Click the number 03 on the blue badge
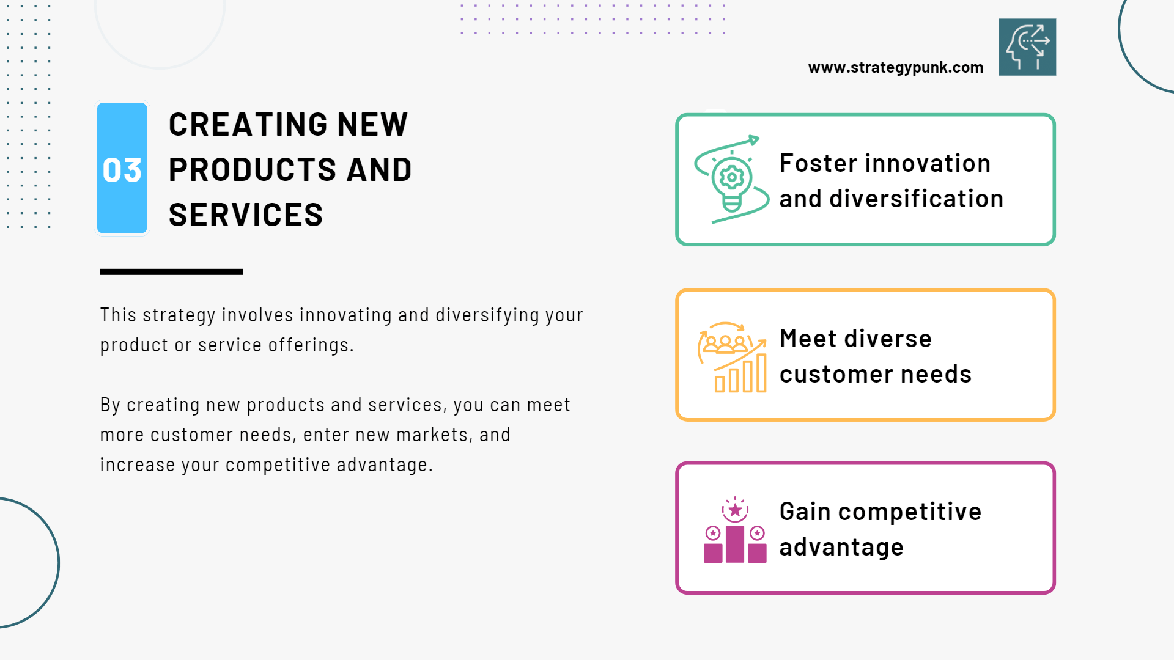(122, 170)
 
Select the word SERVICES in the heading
(246, 215)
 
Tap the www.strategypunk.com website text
(896, 68)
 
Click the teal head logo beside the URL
(1027, 47)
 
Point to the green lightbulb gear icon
(731, 180)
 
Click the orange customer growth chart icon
(733, 357)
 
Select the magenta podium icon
(735, 530)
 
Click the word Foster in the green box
(819, 163)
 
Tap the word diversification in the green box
(917, 199)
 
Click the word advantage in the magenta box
(841, 548)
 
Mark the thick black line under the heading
(171, 272)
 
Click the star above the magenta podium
(735, 510)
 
